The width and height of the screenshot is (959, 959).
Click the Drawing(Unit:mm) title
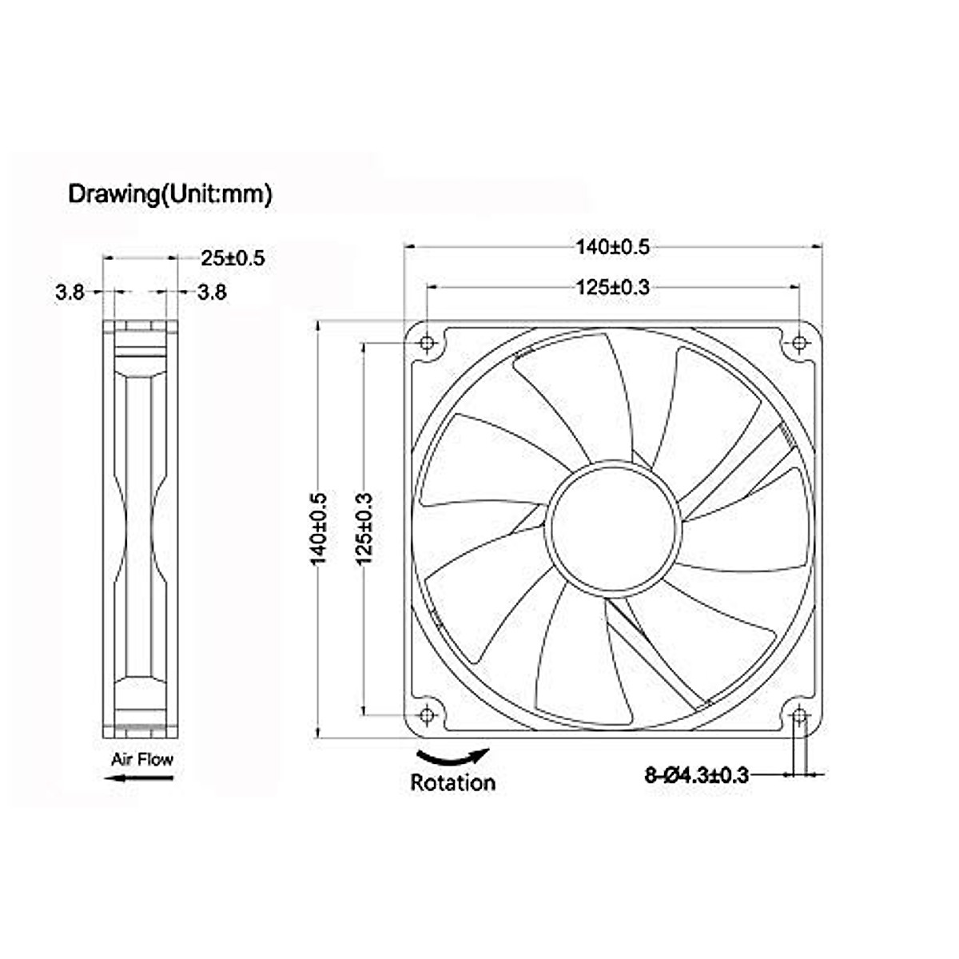coord(169,194)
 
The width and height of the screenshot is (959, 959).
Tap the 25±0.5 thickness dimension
coord(232,258)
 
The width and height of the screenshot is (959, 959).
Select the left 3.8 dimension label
coord(70,292)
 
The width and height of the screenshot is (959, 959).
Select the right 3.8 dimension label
coord(212,292)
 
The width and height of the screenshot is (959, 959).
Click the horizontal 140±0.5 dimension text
coord(613,247)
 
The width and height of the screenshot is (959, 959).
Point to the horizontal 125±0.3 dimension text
coord(613,287)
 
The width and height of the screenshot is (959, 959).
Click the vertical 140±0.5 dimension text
coord(319,528)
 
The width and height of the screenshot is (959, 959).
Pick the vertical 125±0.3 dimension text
coord(364,528)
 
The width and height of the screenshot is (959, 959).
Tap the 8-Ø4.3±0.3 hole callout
coord(696,774)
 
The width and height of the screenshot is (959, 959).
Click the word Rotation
coord(452,782)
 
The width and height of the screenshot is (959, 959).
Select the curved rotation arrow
coord(453,756)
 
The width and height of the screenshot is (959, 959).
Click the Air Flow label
coord(142,759)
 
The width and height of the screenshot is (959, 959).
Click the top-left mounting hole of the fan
coord(428,344)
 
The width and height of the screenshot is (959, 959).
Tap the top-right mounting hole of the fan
coord(799,344)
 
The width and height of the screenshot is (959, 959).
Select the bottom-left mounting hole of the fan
coord(428,714)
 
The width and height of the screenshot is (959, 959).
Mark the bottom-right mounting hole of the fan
coord(799,714)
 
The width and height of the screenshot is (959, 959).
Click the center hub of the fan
coord(613,528)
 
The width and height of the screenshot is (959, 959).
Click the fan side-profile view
coord(141,528)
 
